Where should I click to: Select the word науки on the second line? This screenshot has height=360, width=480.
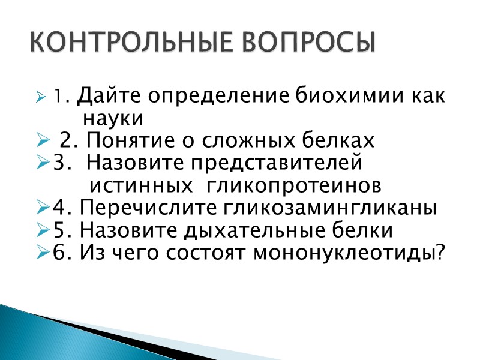113,118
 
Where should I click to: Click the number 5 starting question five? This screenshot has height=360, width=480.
58,230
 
